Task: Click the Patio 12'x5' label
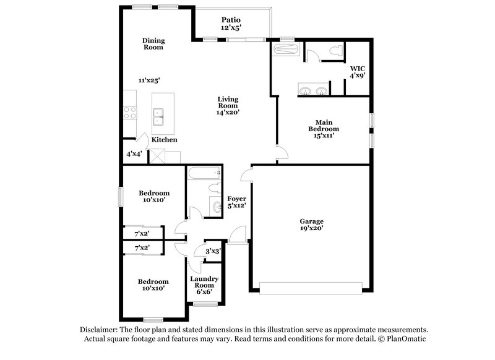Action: [x=231, y=24]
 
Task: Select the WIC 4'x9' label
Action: [x=358, y=71]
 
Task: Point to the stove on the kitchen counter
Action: [x=131, y=112]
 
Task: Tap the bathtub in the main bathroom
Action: [x=285, y=49]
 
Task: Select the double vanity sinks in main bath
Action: [x=312, y=92]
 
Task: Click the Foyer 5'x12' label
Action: [x=237, y=202]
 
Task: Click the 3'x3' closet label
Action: [x=212, y=251]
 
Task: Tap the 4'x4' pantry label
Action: [x=135, y=153]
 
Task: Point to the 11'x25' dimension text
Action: [x=151, y=80]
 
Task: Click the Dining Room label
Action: [x=153, y=43]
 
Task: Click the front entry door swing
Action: [x=236, y=236]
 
